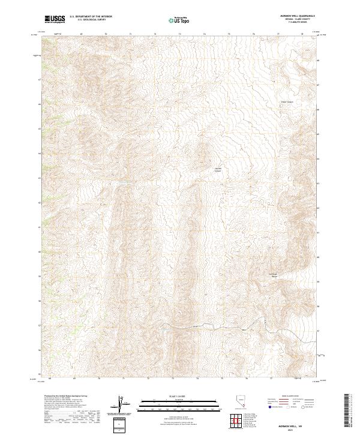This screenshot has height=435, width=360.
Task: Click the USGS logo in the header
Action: pyautogui.click(x=55, y=19)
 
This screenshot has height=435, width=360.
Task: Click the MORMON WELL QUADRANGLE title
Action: pyautogui.click(x=299, y=16)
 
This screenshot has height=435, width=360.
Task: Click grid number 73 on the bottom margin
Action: pyautogui.click(x=173, y=379)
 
